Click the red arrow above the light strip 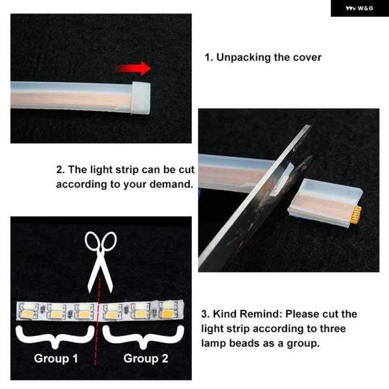point(134,68)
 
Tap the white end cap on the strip point(141,98)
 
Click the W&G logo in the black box point(359,8)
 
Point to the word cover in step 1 point(307,58)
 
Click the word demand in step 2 point(171,184)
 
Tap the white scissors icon point(100,262)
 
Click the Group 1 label point(56,359)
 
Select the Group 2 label point(146,359)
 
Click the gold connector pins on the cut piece point(357,215)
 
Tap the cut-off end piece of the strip point(325,202)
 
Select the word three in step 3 point(333,329)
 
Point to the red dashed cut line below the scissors point(97,322)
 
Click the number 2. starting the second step point(60,170)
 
